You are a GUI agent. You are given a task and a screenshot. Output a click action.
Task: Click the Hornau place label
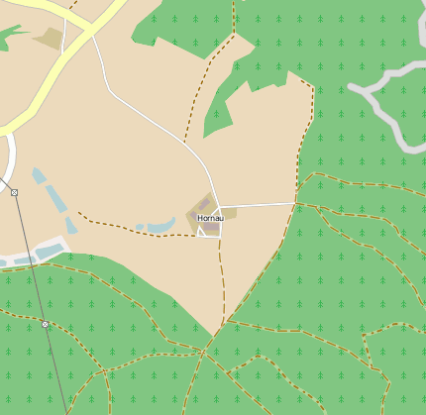[210, 218]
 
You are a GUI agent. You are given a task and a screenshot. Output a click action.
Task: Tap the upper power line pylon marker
[14, 192]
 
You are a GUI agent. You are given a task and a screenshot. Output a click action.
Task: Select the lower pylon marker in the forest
[46, 324]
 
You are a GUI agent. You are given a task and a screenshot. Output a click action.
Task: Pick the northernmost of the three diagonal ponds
[39, 176]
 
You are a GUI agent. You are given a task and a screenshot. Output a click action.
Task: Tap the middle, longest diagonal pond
[56, 200]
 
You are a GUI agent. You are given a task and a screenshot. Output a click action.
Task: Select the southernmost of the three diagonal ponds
[71, 226]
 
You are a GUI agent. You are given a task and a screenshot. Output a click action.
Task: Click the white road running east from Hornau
[258, 205]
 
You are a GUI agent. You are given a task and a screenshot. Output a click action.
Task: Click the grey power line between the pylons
[30, 258]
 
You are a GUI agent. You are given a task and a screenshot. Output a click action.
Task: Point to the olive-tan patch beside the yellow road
[48, 39]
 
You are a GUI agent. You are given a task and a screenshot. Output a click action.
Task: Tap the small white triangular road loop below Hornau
[209, 232]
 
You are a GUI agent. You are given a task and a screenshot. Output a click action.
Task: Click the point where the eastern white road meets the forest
[295, 203]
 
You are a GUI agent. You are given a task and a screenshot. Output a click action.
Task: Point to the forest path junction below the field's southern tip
[203, 351]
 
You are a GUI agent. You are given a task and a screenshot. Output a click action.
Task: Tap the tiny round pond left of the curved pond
[140, 228]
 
